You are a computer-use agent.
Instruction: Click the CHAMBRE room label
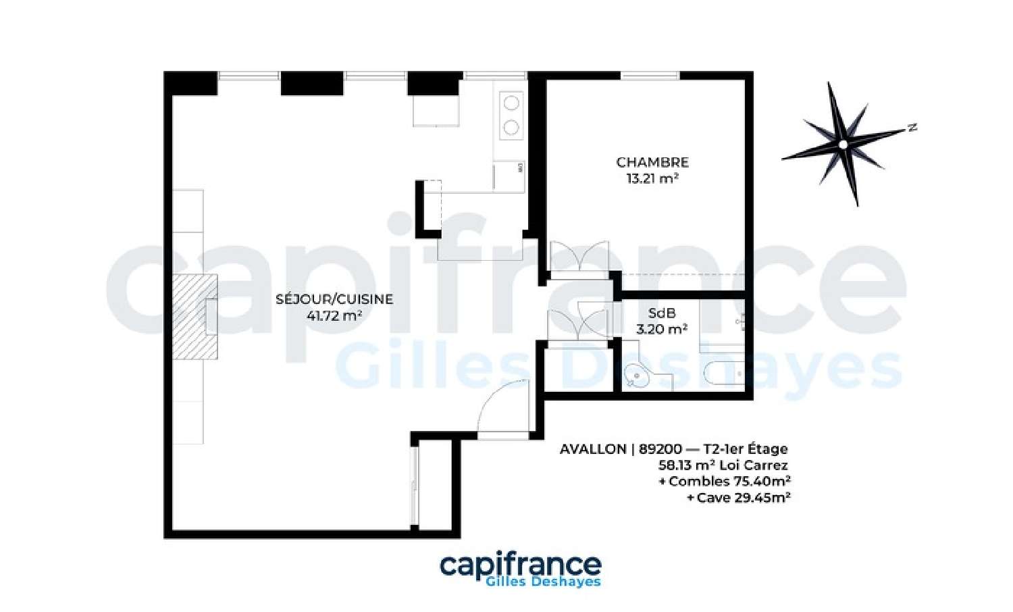pyautogui.click(x=652, y=162)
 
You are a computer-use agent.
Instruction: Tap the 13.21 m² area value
pyautogui.click(x=652, y=179)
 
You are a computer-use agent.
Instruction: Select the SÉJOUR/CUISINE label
pyautogui.click(x=334, y=299)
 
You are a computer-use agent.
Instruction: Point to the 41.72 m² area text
pyautogui.click(x=334, y=315)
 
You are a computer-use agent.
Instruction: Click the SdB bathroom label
pyautogui.click(x=662, y=313)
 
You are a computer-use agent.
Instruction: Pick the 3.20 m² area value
pyautogui.click(x=662, y=329)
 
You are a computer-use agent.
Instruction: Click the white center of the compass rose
pyautogui.click(x=843, y=145)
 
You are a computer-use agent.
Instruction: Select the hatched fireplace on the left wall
pyautogui.click(x=195, y=317)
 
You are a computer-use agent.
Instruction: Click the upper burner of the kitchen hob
pyautogui.click(x=511, y=103)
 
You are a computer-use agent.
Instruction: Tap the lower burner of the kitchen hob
pyautogui.click(x=511, y=128)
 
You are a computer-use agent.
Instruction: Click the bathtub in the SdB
pyautogui.click(x=724, y=374)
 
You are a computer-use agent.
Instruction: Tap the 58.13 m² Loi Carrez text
pyautogui.click(x=723, y=465)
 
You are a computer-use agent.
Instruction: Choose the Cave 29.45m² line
pyautogui.click(x=739, y=498)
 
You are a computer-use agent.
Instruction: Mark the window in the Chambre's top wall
pyautogui.click(x=650, y=76)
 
